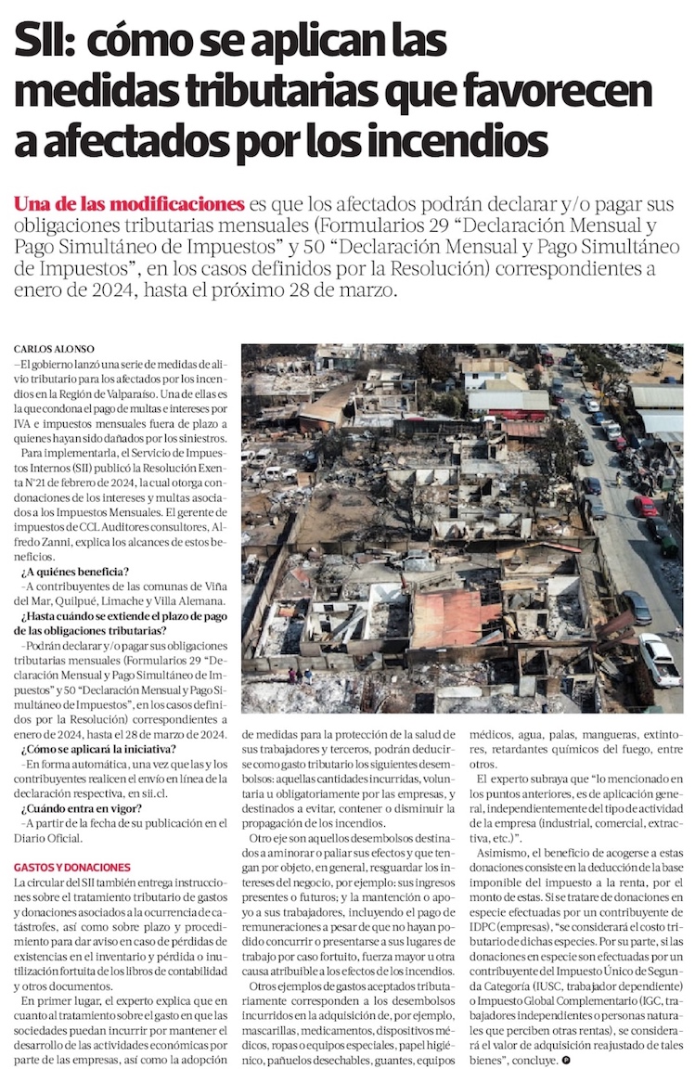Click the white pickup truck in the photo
pyautogui.click(x=660, y=658)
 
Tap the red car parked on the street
pyautogui.click(x=646, y=506)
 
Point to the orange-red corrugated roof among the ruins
pyautogui.click(x=454, y=617)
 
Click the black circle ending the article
pyautogui.click(x=565, y=1059)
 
